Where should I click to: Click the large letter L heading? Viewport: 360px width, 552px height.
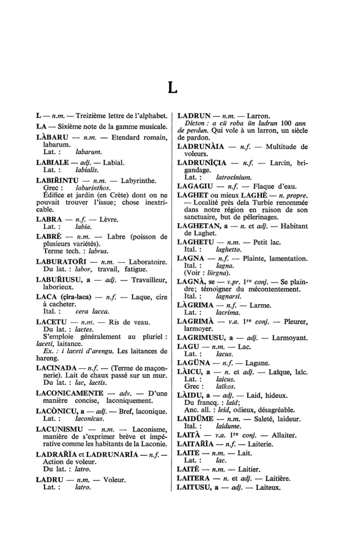[x=173, y=88]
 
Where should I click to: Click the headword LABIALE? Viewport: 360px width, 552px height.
[x=52, y=163]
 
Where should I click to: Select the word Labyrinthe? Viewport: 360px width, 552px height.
[x=138, y=181]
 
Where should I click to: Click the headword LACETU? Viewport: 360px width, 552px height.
[x=51, y=322]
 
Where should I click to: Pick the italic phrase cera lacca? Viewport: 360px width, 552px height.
[x=92, y=312]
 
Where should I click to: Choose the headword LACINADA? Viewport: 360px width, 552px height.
[x=56, y=368]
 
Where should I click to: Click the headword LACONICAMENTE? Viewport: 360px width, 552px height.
[x=70, y=393]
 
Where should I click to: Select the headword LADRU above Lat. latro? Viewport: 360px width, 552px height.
[x=50, y=480]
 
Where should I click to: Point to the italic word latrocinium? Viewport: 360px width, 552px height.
[x=234, y=178]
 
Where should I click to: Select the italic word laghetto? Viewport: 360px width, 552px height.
[x=229, y=250]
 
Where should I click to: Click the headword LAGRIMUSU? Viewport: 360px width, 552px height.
[x=201, y=338]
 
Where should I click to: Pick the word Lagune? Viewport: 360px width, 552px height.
[x=257, y=363]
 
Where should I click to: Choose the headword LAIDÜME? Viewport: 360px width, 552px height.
[x=195, y=419]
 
